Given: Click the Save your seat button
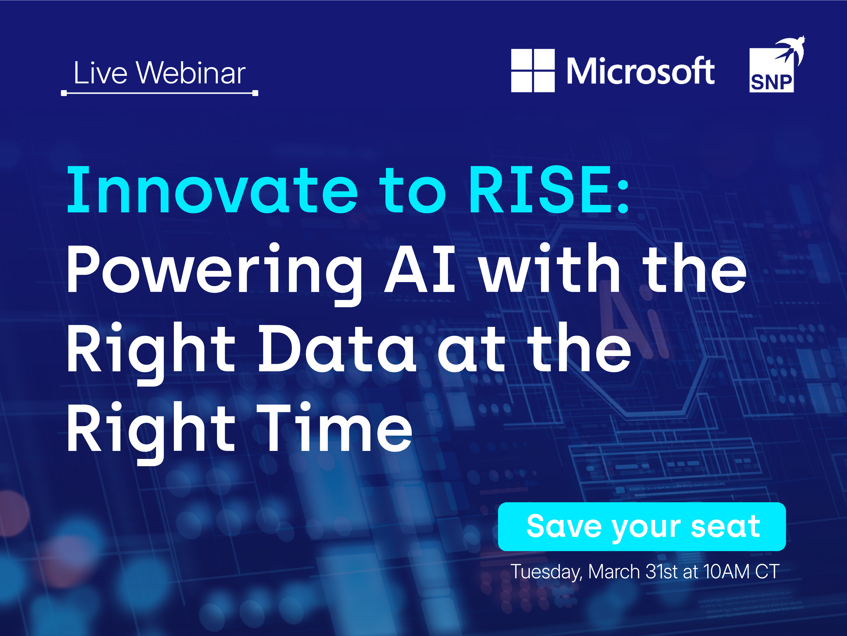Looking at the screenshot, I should (642, 527).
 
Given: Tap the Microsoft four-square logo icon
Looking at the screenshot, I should (533, 70).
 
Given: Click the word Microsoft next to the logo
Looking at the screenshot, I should (640, 71).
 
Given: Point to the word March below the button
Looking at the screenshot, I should (614, 572).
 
